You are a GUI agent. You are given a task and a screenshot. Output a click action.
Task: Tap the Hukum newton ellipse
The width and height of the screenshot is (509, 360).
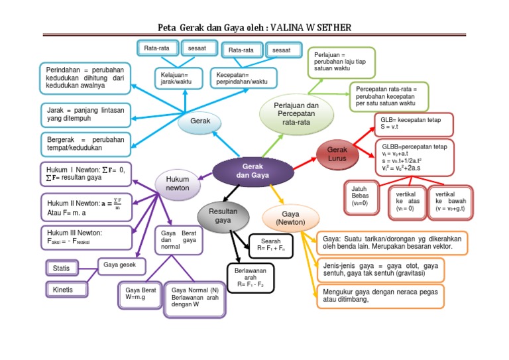tap(177, 184)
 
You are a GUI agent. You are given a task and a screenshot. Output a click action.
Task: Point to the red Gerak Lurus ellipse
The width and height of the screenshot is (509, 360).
tap(337, 154)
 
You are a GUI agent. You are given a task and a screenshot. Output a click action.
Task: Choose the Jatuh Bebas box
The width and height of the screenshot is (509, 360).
tap(362, 197)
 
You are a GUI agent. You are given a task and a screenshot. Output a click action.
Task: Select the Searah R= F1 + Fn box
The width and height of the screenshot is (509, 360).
tap(270, 243)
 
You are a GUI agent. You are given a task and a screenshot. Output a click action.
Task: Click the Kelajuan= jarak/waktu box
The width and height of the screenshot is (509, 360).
tap(175, 78)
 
